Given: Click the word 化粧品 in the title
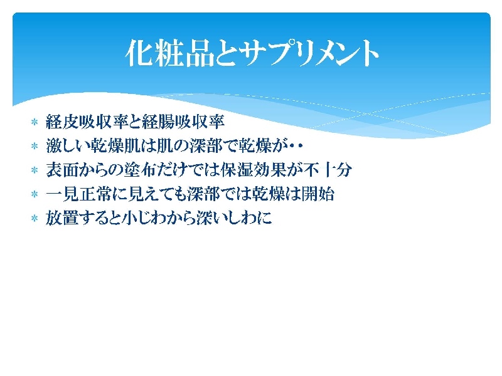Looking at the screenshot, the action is pyautogui.click(x=169, y=53).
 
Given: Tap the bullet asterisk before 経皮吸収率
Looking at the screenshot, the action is pyautogui.click(x=35, y=122).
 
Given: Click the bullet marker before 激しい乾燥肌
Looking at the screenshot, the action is pyautogui.click(x=35, y=146).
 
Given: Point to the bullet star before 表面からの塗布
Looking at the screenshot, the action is pyautogui.click(x=35, y=170).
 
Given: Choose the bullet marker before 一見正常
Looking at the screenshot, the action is pyautogui.click(x=35, y=194).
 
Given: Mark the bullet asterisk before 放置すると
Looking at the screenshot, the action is pyautogui.click(x=35, y=218).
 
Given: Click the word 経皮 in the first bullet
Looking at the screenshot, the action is pyautogui.click(x=62, y=122).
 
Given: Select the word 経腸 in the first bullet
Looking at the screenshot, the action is pyautogui.click(x=159, y=122).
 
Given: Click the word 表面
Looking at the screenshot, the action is pyautogui.click(x=62, y=170).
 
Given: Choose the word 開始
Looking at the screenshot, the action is pyautogui.click(x=318, y=194).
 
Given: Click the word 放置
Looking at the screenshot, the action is pyautogui.click(x=62, y=218).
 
